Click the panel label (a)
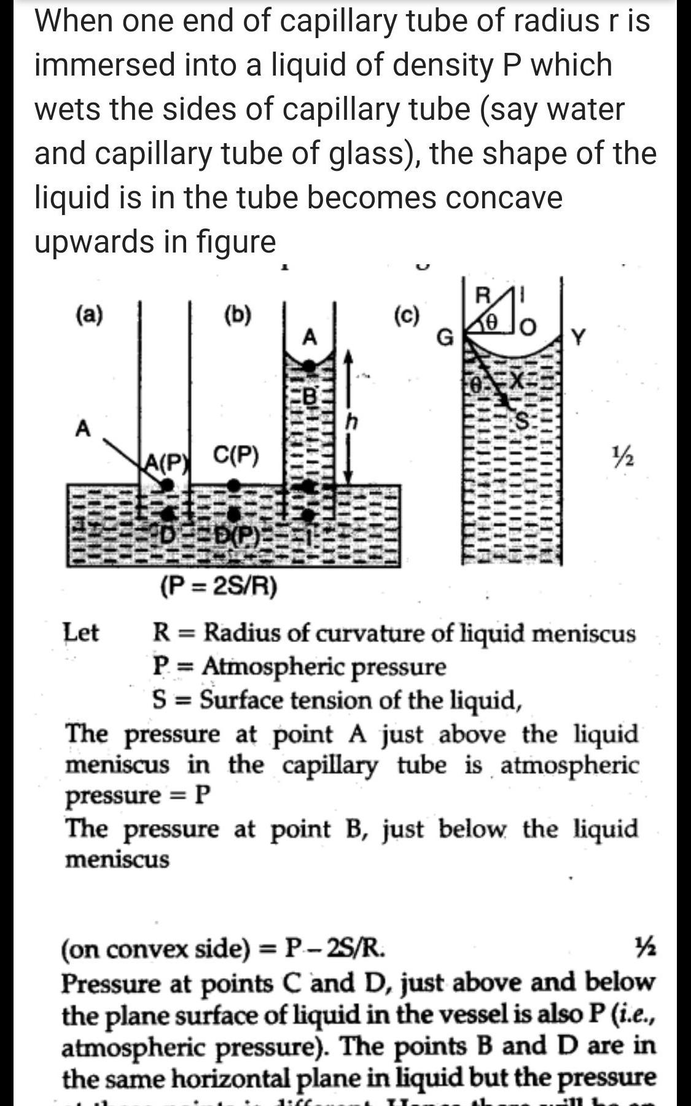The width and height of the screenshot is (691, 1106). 89,315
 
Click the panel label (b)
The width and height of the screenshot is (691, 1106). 238,315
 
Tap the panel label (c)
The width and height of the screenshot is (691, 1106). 407,315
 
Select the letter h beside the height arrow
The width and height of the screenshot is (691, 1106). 351,422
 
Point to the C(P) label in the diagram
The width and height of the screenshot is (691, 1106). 236,455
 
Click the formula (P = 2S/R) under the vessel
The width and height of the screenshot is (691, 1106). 219,587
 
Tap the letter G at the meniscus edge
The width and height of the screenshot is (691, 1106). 445,337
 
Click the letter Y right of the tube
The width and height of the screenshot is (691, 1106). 579,337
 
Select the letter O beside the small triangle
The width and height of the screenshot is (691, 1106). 528,326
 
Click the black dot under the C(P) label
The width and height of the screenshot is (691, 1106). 233,485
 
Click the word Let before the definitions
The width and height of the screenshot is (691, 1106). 81,632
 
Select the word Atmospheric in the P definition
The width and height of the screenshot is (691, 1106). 270,666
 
